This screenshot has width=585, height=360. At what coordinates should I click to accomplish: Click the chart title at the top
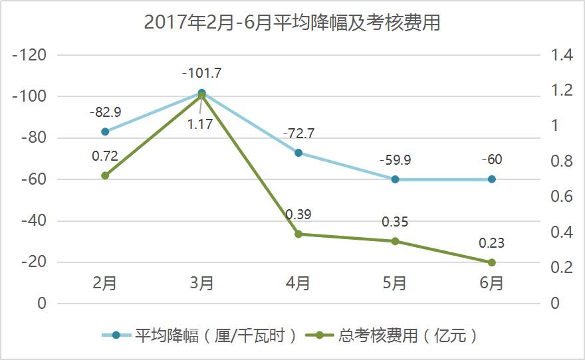(x=292, y=23)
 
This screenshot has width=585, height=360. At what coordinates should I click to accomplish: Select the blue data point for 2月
(x=105, y=132)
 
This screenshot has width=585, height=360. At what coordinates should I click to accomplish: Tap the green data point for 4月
(x=298, y=234)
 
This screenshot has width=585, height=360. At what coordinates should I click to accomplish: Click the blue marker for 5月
(x=395, y=179)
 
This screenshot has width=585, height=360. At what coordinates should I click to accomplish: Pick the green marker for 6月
(x=492, y=262)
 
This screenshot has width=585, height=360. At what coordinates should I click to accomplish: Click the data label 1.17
(x=199, y=124)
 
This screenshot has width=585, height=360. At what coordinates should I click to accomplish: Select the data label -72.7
(x=298, y=134)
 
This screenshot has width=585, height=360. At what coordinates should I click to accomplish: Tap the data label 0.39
(x=298, y=215)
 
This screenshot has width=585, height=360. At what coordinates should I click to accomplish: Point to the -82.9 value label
(x=105, y=112)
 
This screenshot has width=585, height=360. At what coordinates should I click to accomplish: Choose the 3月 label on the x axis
(x=201, y=284)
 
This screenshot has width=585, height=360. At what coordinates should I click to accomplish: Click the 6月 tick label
(x=492, y=284)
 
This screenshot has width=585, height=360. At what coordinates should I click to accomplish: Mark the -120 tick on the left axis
(x=29, y=55)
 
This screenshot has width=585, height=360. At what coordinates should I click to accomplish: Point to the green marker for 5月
(x=395, y=241)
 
